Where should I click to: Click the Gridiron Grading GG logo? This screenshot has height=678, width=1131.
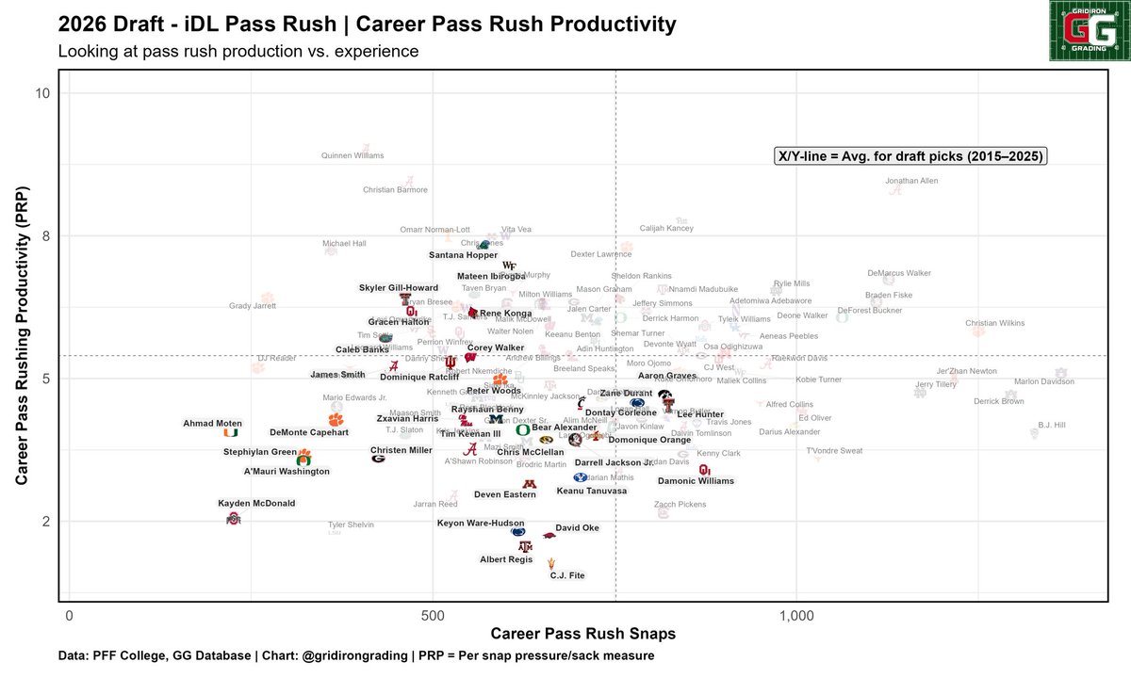[x=1088, y=31]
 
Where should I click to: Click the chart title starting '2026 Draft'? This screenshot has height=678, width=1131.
[x=367, y=22]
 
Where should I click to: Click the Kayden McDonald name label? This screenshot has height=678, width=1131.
[x=256, y=504]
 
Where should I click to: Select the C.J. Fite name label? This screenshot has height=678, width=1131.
[x=568, y=575]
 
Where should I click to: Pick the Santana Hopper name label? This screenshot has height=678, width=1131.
[x=463, y=255]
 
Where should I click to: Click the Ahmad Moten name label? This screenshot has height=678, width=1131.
[x=212, y=424]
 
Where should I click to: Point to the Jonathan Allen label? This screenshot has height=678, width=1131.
[x=911, y=181]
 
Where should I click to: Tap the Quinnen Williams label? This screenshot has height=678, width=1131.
[x=352, y=155]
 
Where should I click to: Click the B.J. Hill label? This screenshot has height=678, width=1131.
[x=1051, y=425]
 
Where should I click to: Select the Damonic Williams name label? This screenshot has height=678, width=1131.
[x=696, y=481]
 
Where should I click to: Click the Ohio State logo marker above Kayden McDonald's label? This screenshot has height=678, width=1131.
[x=234, y=519]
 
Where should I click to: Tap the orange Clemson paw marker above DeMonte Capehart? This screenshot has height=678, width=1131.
[x=336, y=420]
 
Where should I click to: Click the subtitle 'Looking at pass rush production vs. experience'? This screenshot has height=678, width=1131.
[x=238, y=51]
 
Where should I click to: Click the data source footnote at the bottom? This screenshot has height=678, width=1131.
[x=355, y=655]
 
